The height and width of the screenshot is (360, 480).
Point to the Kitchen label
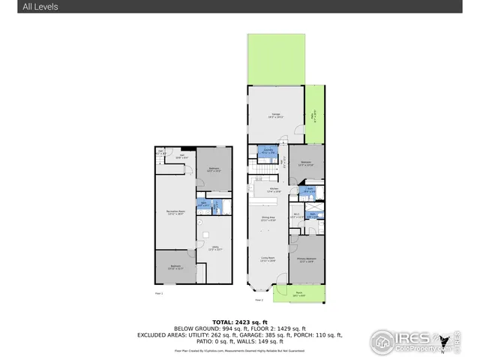[x=265, y=190]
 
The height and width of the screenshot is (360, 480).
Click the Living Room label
[x=266, y=259]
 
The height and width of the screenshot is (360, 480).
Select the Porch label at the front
[x=298, y=294]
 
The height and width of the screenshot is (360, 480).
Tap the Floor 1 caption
[x=159, y=292]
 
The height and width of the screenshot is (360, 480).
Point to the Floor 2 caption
[x=259, y=300]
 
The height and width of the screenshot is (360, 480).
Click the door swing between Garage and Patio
[x=301, y=131]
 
